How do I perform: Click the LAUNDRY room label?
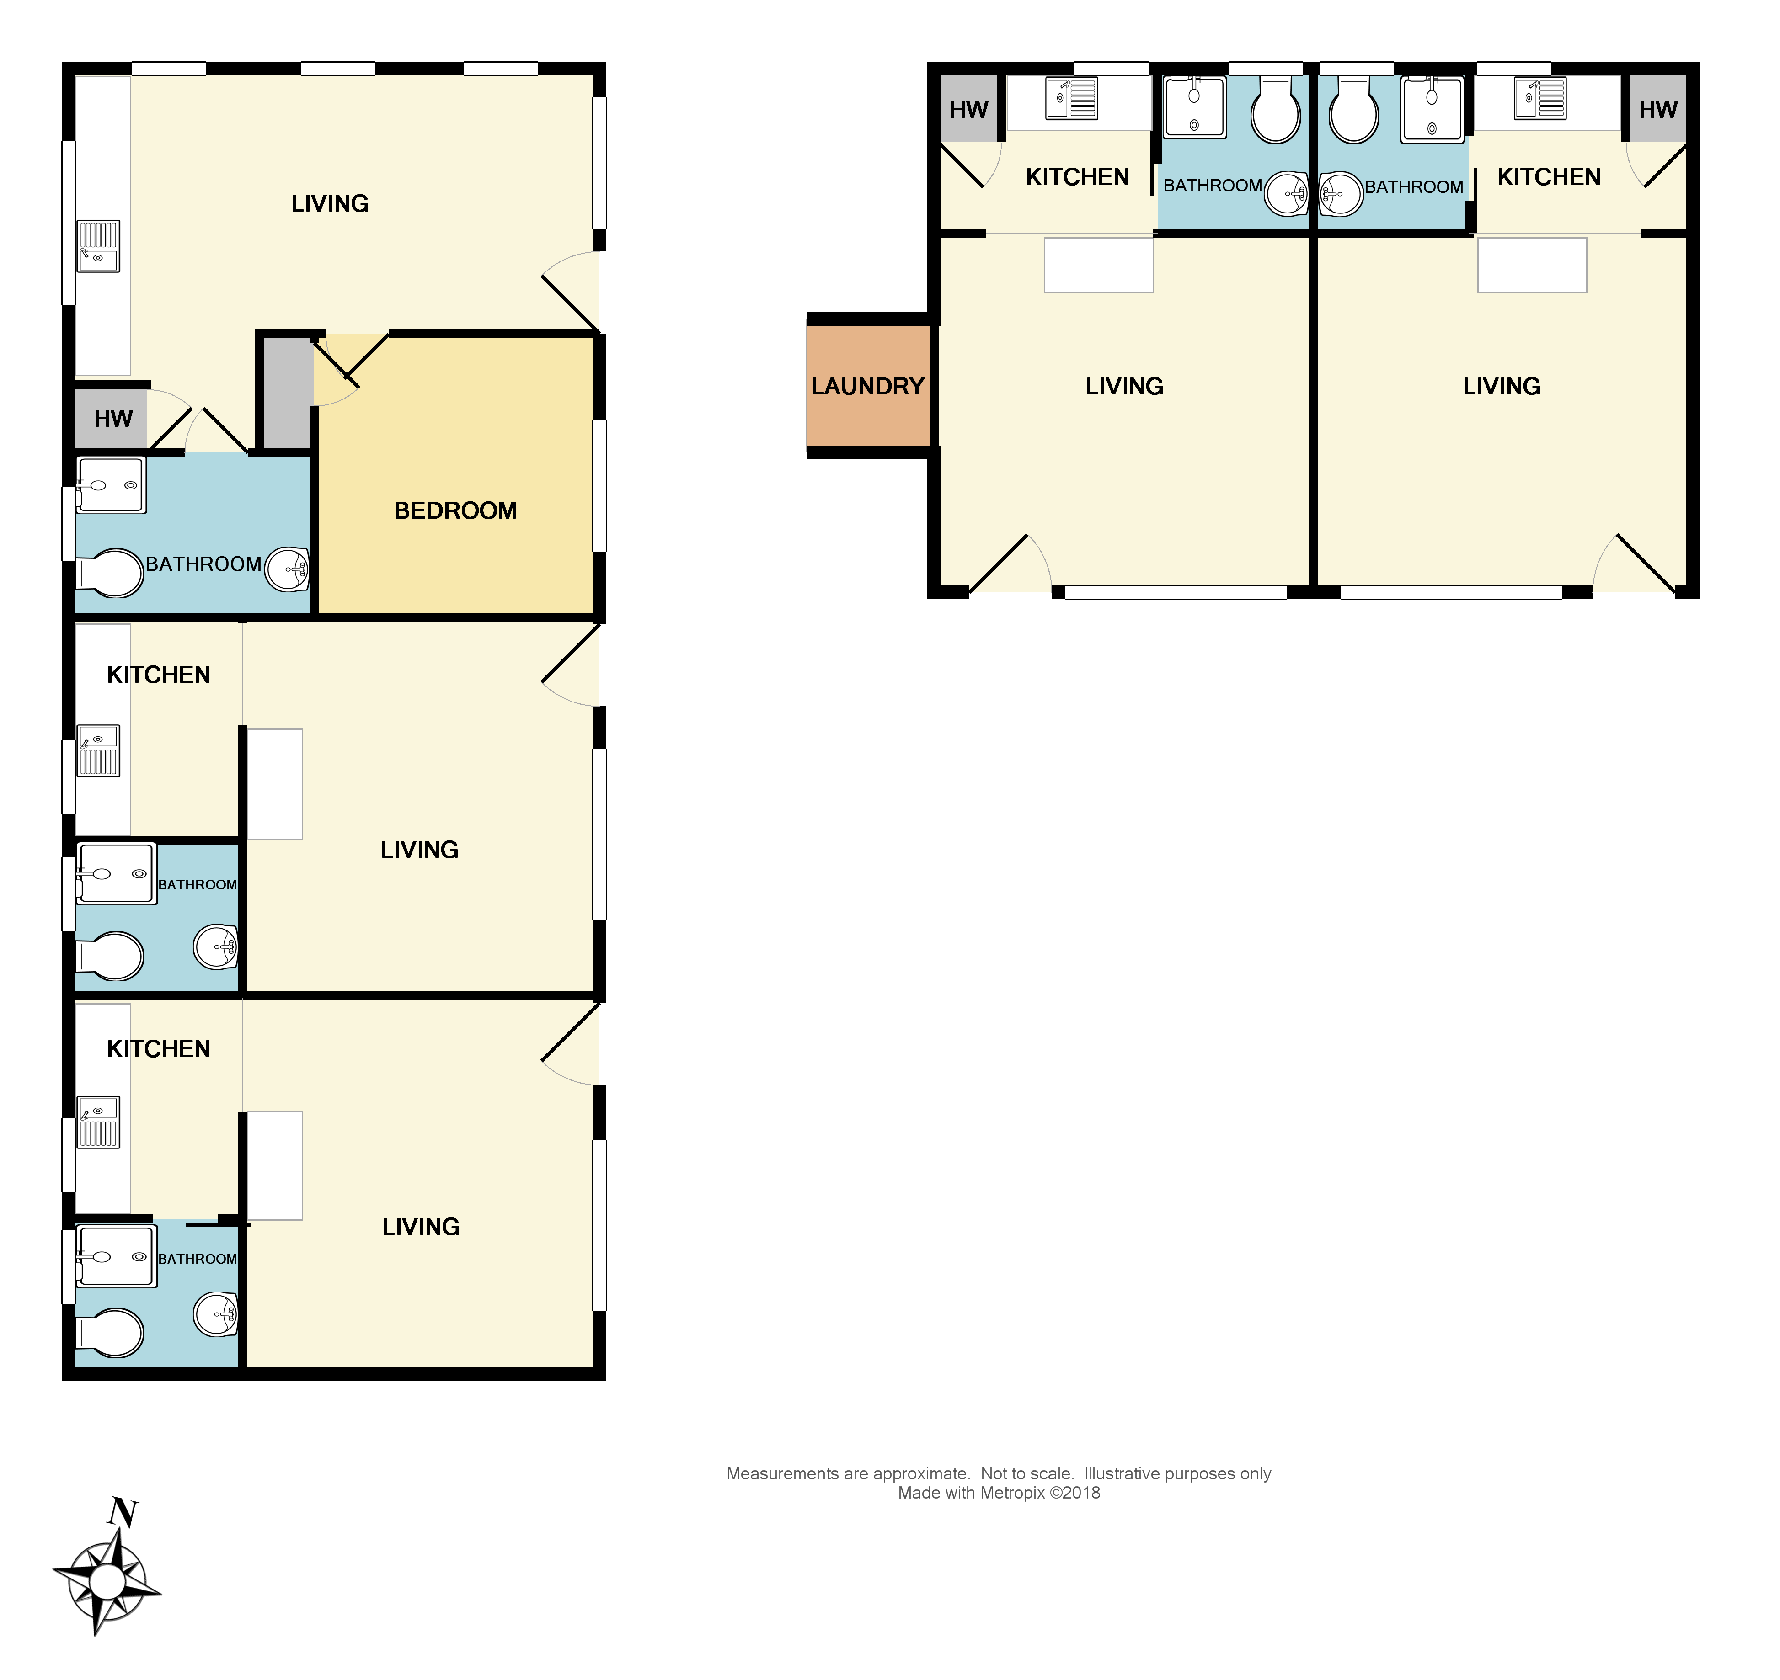(867, 386)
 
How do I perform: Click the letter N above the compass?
(123, 1513)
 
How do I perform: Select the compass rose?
(107, 1582)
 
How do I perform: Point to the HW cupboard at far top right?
(1657, 109)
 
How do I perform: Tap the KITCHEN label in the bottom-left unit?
(159, 1049)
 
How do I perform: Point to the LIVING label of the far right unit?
(1502, 386)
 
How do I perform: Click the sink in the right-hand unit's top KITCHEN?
(1540, 99)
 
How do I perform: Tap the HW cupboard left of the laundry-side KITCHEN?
(968, 109)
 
